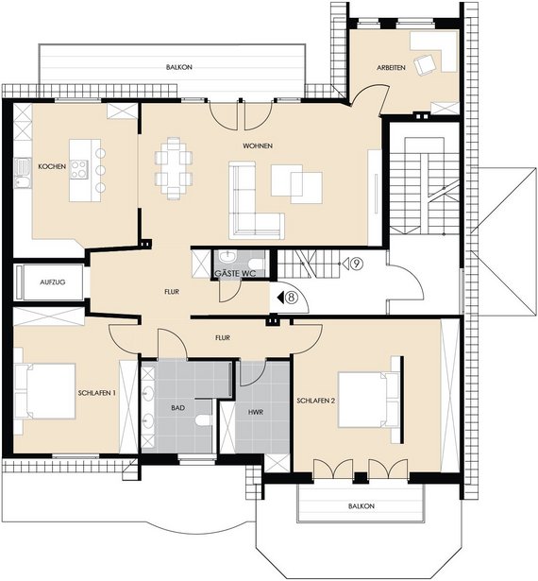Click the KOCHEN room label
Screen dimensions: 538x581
click(x=52, y=166)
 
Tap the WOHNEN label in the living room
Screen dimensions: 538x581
click(x=258, y=146)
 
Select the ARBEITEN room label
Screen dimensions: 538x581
click(x=391, y=68)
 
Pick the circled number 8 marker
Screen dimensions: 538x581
click(x=293, y=298)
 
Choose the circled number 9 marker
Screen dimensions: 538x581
click(x=356, y=264)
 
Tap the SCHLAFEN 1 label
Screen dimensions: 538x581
click(x=97, y=393)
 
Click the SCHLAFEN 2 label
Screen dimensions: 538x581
click(x=316, y=401)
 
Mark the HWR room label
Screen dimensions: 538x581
click(x=256, y=412)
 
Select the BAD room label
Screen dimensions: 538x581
click(x=177, y=408)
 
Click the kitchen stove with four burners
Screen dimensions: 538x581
click(x=79, y=170)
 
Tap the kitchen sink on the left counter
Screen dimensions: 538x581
click(x=23, y=173)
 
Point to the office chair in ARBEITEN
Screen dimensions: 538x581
click(x=424, y=64)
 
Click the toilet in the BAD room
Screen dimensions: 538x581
click(x=204, y=420)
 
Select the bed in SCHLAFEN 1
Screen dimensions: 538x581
click(x=45, y=391)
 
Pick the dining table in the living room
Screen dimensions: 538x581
click(x=174, y=163)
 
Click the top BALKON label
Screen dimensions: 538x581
click(x=179, y=67)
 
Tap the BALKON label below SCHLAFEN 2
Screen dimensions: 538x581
click(x=361, y=506)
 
